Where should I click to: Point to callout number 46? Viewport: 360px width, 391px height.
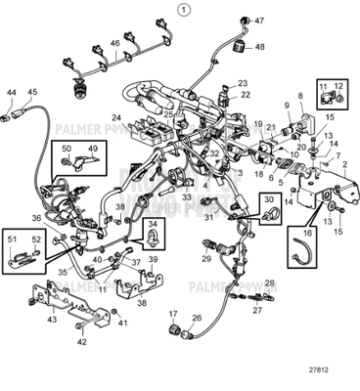click(114, 44)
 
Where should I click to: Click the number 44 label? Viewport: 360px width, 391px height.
click(12, 93)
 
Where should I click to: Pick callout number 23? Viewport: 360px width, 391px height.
click(243, 83)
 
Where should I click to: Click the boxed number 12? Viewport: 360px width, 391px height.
click(338, 88)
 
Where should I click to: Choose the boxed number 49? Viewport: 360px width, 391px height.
click(93, 149)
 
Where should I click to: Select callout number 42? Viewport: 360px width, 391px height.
click(81, 342)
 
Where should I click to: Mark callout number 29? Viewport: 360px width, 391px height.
click(205, 260)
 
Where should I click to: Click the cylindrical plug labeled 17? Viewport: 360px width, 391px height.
click(179, 334)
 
